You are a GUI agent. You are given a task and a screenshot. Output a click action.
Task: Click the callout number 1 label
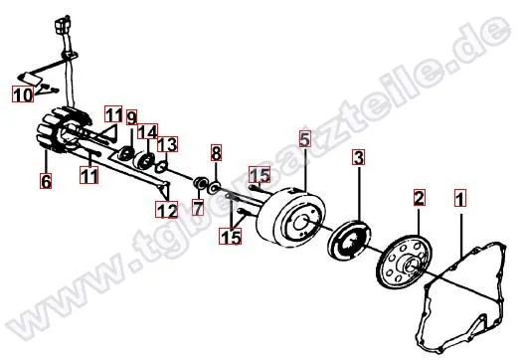pos(459,197)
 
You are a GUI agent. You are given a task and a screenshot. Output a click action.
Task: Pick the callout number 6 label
pos(46,181)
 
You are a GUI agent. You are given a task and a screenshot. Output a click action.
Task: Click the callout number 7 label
pos(197,210)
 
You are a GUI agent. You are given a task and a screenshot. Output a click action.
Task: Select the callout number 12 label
pos(166,210)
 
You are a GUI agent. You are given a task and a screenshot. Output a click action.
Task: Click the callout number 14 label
pos(148,131)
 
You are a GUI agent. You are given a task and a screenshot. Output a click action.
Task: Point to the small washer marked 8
pos(214,186)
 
